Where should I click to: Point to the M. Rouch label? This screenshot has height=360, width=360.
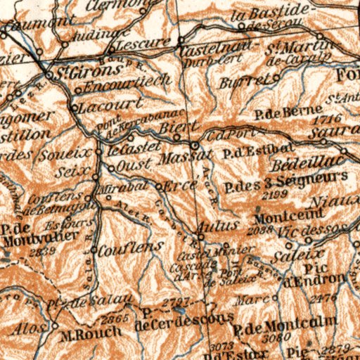(x=85, y=333)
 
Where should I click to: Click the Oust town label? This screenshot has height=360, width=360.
(x=131, y=167)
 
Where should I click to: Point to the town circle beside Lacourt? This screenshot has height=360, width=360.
(x=74, y=108)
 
